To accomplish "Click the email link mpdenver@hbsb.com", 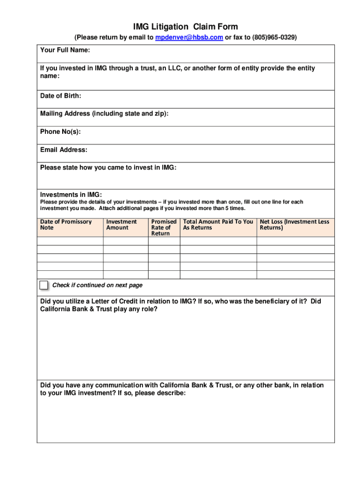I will click(x=189, y=37).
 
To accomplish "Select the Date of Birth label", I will click(x=61, y=96).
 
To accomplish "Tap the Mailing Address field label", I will click(x=104, y=114).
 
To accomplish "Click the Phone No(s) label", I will click(x=60, y=132).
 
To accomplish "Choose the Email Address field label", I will click(x=64, y=150).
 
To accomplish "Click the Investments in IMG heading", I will click(x=71, y=195).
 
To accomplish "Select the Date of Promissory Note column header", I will click(x=66, y=225).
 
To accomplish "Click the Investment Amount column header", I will click(x=122, y=225).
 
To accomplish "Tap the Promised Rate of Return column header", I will click(x=164, y=227).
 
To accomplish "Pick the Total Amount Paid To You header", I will click(x=218, y=225).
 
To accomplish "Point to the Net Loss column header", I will click(x=295, y=225).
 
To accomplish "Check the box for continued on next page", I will click(x=43, y=285).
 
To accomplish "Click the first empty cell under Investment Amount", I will click(x=125, y=241).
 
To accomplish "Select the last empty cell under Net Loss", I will click(x=295, y=275).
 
